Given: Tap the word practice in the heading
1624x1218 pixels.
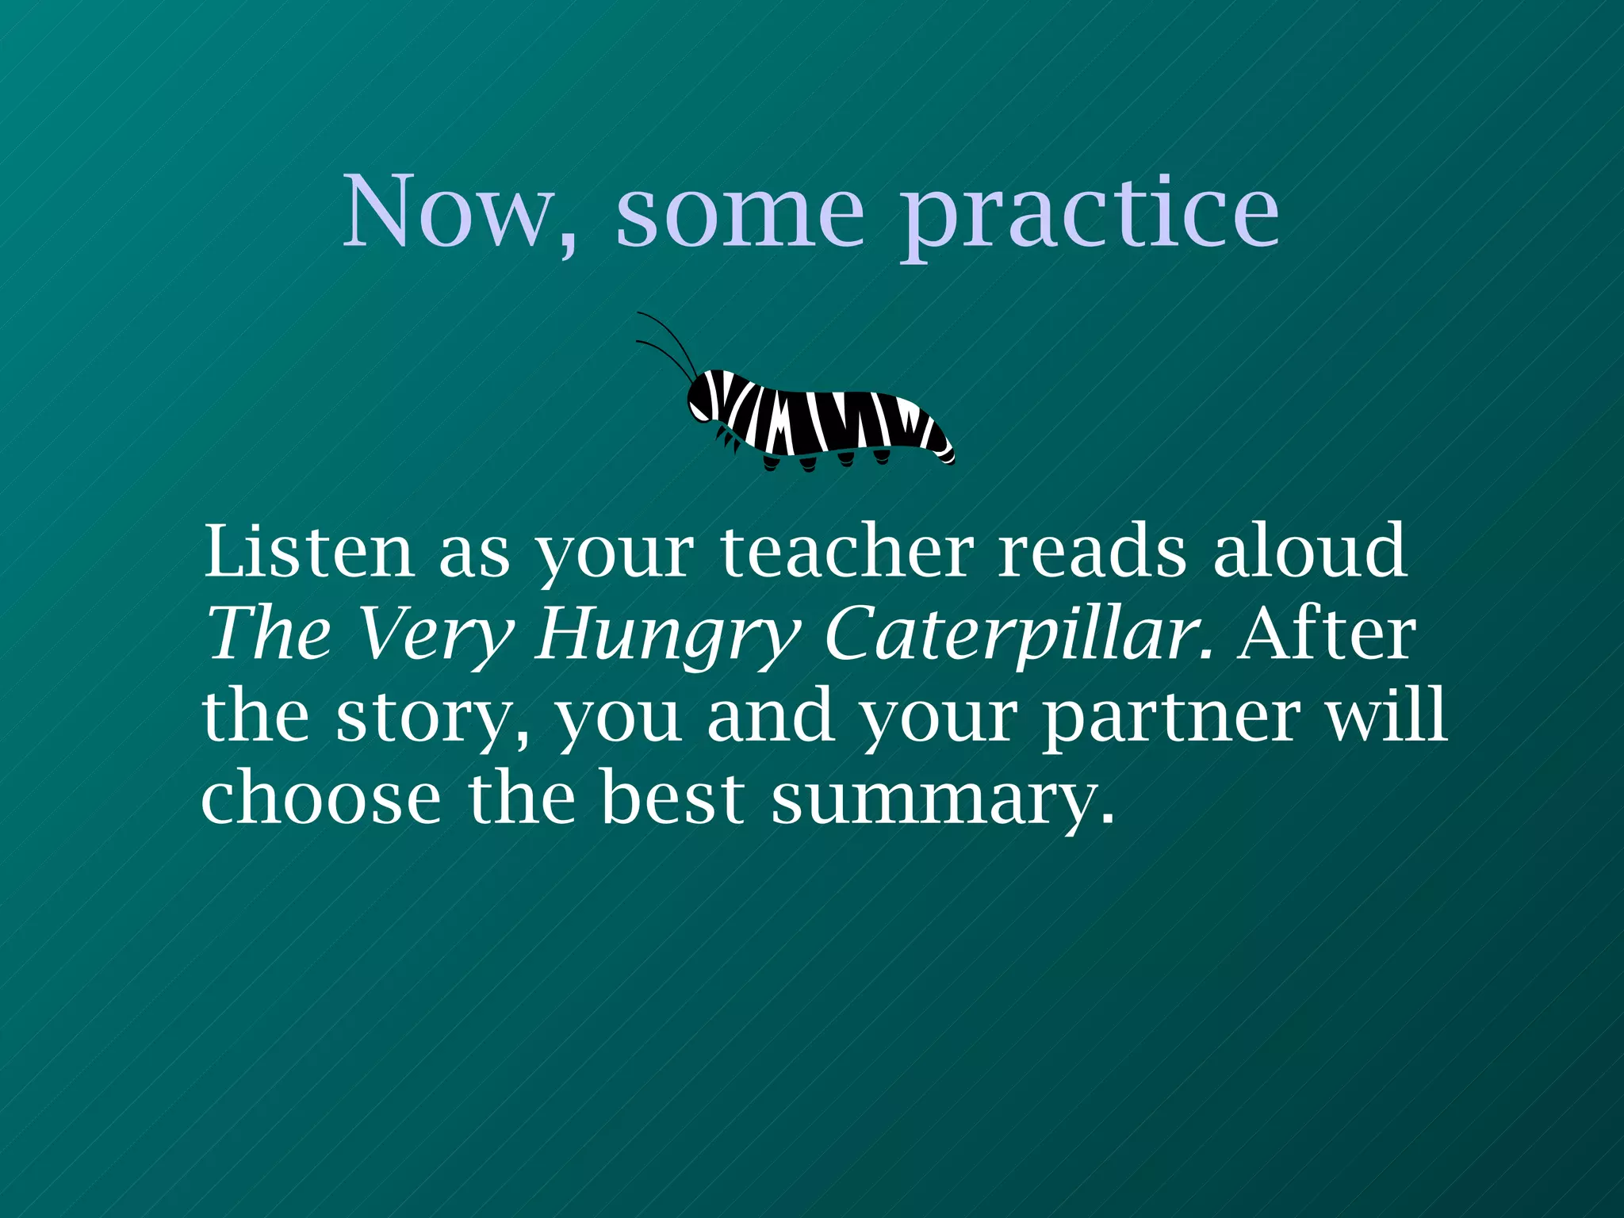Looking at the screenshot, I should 1090,214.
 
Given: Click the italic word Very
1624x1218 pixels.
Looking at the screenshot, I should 436,634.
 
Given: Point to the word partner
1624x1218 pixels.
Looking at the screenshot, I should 1170,718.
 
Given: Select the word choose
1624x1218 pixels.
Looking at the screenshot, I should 321,798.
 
